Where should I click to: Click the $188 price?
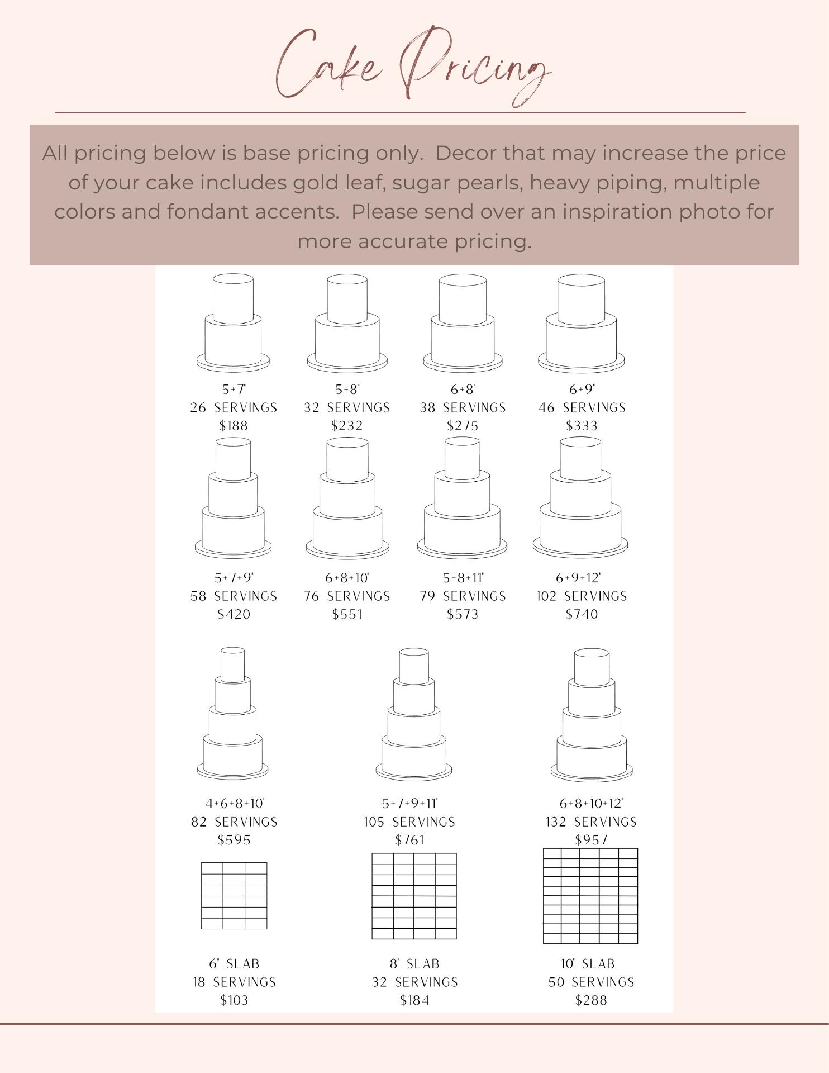point(234,426)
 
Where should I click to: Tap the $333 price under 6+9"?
point(582,426)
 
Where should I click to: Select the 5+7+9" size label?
point(234,578)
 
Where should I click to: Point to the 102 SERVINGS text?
point(582,596)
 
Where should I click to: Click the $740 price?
point(582,614)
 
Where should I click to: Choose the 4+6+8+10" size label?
point(235,804)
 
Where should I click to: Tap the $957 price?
point(591,840)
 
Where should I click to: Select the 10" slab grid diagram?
point(590,896)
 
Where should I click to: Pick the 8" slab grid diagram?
point(414,896)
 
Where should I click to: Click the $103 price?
point(234,1000)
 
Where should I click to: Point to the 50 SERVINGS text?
point(591,982)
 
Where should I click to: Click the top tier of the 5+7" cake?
point(233,299)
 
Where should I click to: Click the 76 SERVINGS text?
point(347,596)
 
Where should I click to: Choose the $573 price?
point(463,614)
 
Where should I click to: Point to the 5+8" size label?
point(347,390)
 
